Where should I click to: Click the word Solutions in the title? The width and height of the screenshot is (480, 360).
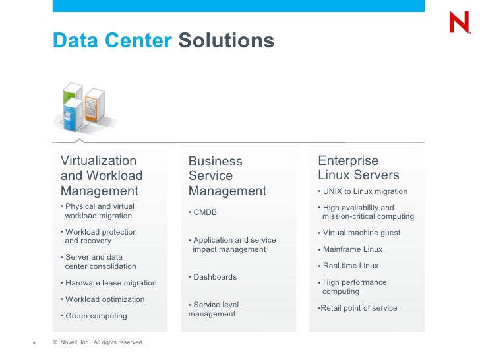(x=226, y=41)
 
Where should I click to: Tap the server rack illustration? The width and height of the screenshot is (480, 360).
(x=83, y=107)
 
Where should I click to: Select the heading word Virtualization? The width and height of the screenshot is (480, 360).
(x=98, y=161)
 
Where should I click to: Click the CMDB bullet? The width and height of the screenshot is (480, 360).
(x=204, y=212)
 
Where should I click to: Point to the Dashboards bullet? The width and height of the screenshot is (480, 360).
(x=214, y=277)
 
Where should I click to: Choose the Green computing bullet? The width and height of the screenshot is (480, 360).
(x=96, y=316)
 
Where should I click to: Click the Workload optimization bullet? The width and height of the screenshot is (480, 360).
(x=104, y=299)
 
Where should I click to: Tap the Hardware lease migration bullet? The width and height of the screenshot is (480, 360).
(x=110, y=283)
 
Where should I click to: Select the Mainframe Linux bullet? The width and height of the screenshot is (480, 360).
(x=352, y=249)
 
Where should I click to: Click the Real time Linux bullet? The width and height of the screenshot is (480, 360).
(x=350, y=266)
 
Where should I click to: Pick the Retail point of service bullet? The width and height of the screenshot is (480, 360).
(x=358, y=308)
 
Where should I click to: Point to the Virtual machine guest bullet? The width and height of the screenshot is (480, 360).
(x=361, y=233)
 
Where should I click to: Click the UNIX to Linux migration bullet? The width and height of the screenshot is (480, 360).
(x=365, y=191)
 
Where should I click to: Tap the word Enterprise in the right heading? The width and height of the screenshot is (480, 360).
(x=348, y=161)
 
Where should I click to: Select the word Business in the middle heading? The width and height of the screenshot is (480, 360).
(x=215, y=162)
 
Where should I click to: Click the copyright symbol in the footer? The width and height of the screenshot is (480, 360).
(x=55, y=342)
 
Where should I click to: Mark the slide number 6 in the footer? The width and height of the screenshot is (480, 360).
(x=34, y=343)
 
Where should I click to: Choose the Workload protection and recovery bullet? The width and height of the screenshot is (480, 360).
(x=100, y=237)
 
